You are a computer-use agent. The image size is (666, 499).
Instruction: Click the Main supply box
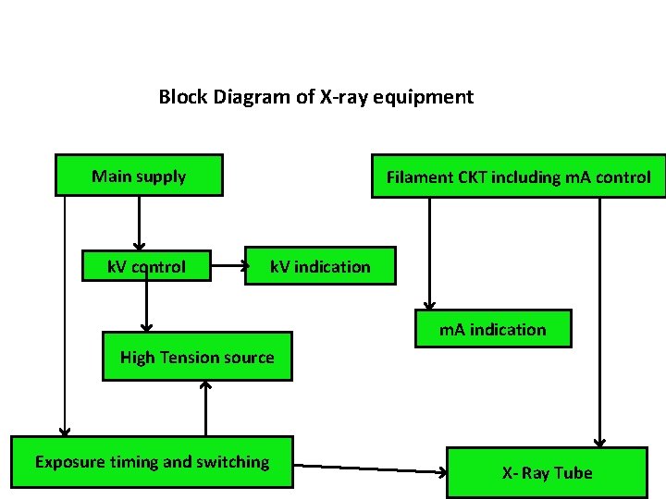coord(139,176)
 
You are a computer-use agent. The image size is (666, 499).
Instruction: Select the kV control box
coord(146,267)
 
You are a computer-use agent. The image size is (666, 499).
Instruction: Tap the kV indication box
coord(319,266)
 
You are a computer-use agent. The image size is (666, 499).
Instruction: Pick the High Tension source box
coord(197,357)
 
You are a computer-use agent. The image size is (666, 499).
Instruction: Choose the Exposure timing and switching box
coord(152,461)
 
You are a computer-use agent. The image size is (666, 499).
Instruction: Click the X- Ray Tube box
coord(547,472)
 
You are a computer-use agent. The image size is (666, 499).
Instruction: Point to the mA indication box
coord(492,329)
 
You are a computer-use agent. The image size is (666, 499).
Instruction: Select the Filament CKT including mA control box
coord(518,176)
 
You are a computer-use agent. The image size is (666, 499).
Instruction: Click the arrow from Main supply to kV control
coord(139,222)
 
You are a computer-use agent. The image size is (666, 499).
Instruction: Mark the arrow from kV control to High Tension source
coord(145,305)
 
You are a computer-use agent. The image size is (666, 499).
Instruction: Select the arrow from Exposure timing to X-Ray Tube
coord(370,469)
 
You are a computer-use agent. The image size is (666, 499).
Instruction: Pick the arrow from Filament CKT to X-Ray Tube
coord(599,323)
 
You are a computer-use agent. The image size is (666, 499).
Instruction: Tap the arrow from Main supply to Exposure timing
coord(64,314)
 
